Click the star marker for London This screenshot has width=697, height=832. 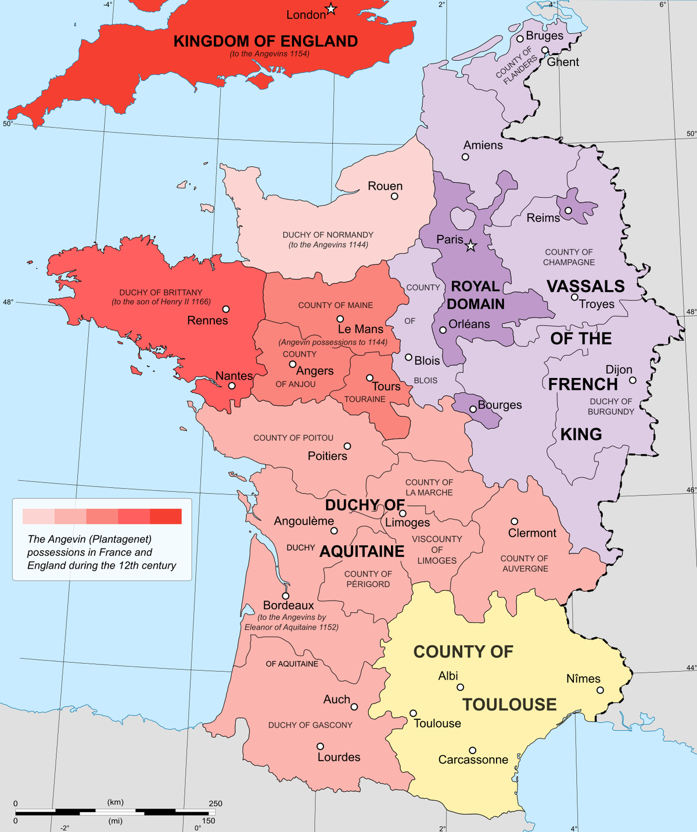[331, 9]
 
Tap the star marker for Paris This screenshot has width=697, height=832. [471, 246]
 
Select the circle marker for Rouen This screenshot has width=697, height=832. [394, 197]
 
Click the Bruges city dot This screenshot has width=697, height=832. [520, 39]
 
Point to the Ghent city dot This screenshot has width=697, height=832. [545, 50]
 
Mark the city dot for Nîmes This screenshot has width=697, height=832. [600, 690]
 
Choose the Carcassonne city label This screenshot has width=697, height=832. [473, 760]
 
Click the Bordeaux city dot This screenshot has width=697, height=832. [286, 596]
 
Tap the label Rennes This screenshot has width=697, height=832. [207, 320]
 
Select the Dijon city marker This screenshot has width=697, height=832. [633, 380]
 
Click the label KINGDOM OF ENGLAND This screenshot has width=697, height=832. [265, 41]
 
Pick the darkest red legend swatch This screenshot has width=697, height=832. [166, 516]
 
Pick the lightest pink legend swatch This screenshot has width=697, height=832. [38, 516]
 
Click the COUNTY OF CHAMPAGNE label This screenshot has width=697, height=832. [569, 257]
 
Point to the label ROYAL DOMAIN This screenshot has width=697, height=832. [476, 295]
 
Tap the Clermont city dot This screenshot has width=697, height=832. [514, 522]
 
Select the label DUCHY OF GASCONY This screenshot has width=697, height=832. [310, 725]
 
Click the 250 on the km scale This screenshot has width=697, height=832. [215, 804]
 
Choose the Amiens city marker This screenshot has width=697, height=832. [465, 157]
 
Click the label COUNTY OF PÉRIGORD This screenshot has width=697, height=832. [368, 579]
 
